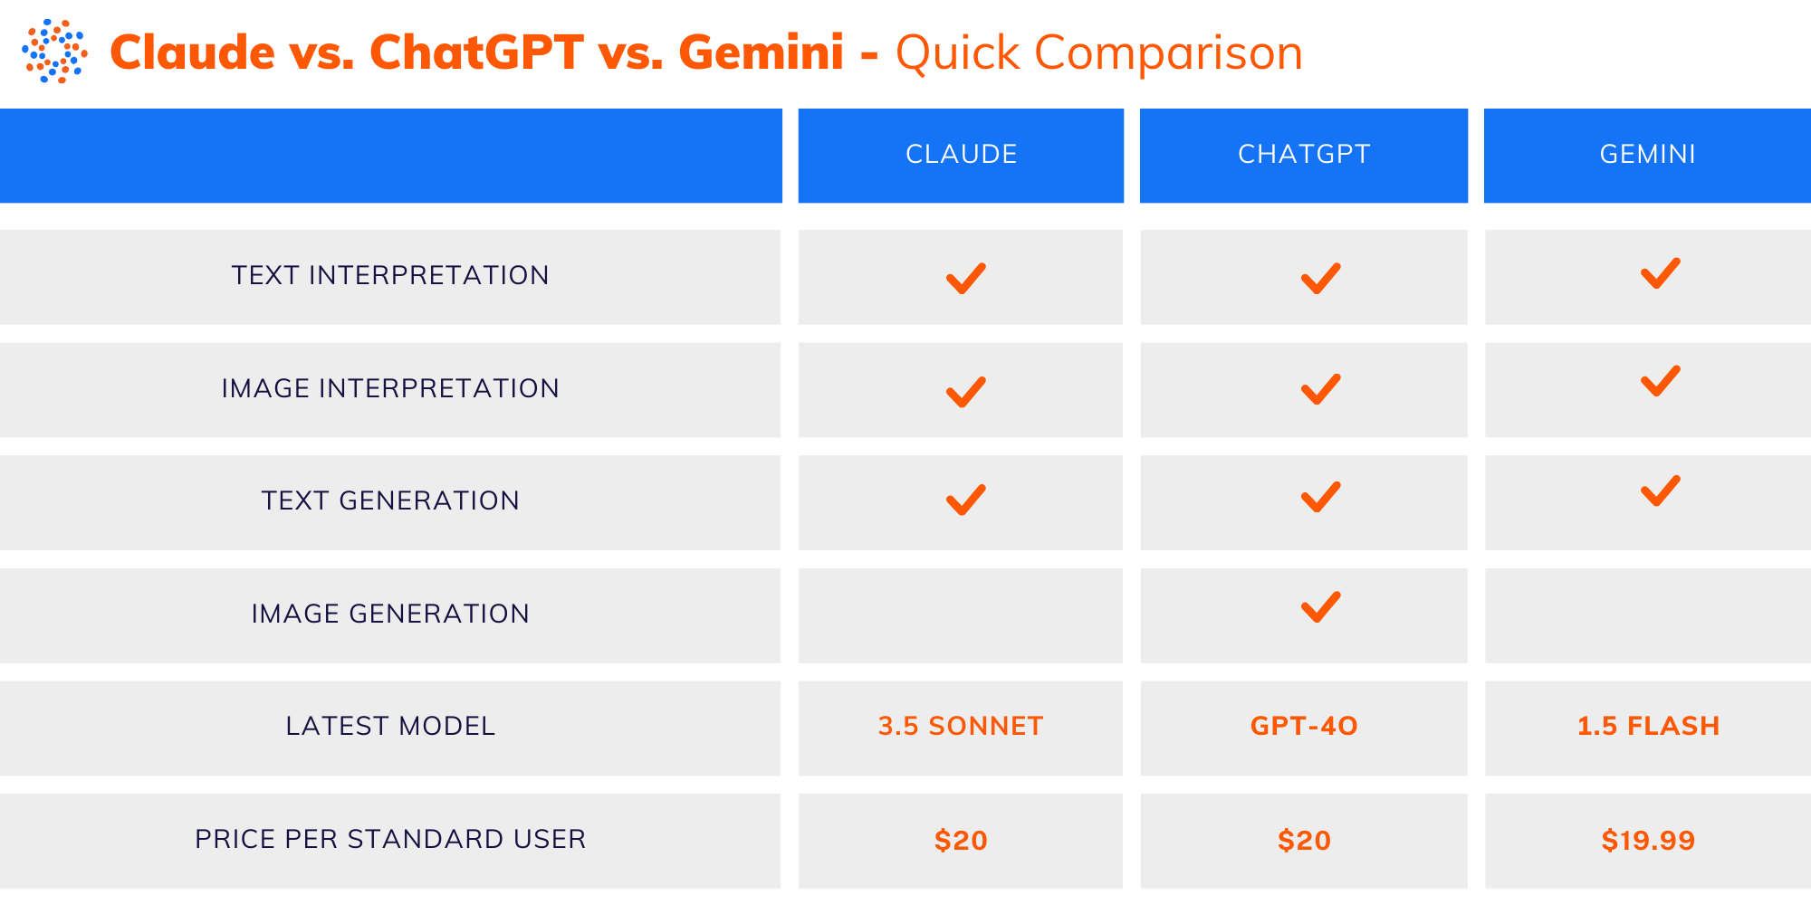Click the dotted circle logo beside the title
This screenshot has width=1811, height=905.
coord(54,52)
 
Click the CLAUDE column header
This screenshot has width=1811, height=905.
coord(961,155)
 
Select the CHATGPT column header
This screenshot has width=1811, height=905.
coord(1304,155)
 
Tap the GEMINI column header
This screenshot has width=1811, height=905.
coord(1647,155)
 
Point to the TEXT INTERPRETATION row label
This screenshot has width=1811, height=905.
coord(390,275)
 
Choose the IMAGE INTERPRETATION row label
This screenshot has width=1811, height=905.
coord(390,388)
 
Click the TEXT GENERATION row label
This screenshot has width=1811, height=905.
coord(390,500)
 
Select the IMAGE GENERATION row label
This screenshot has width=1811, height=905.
coord(390,614)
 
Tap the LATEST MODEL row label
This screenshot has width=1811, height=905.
coord(390,726)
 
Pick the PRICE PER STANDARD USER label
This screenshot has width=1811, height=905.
coord(390,839)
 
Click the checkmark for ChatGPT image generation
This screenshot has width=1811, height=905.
coord(1320,607)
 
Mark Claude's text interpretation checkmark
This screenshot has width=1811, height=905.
coord(965,278)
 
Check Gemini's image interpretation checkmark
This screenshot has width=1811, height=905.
coord(1660,381)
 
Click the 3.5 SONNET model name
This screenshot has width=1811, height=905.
coord(961,726)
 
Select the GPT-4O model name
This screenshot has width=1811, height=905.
coord(1304,726)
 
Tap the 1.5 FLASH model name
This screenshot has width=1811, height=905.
coord(1648,726)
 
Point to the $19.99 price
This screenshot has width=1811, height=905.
coord(1648,841)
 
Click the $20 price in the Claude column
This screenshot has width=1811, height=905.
coord(961,841)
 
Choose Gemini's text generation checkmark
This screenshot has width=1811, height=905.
coord(1660,491)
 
